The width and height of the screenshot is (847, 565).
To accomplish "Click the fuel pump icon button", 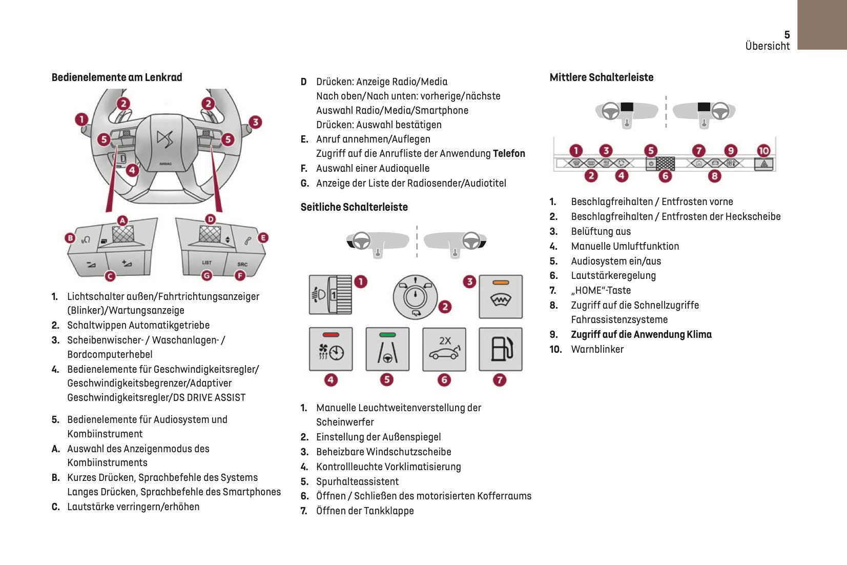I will [x=501, y=349].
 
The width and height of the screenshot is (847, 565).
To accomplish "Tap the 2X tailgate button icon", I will [x=444, y=349].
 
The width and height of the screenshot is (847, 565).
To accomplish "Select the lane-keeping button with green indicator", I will [x=387, y=349].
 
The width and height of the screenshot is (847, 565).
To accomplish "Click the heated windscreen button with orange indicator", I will [x=501, y=297].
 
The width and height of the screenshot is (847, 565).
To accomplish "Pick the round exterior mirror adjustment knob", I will [x=415, y=297].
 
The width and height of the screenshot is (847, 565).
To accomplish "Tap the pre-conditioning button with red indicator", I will [x=331, y=349].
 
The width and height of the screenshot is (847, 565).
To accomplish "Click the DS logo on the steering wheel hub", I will [x=165, y=138].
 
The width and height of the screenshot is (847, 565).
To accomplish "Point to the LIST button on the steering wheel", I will [x=206, y=263].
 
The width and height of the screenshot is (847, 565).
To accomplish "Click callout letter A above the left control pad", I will [x=122, y=220].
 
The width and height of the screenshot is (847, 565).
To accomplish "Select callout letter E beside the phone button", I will [x=263, y=237].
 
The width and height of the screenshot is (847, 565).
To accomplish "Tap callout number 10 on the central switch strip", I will [x=763, y=150].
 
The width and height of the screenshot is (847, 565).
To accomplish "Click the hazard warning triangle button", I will [x=764, y=164].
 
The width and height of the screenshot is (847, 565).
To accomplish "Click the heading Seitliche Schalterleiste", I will [x=354, y=207].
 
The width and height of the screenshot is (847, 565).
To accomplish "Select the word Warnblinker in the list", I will [x=597, y=349].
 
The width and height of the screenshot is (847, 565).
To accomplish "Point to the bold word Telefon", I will [x=509, y=153].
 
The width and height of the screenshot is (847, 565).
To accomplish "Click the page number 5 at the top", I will [x=787, y=34].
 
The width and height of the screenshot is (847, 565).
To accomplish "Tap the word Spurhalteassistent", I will [x=357, y=481].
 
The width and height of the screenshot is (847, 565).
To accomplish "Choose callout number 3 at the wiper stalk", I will [x=255, y=122].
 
